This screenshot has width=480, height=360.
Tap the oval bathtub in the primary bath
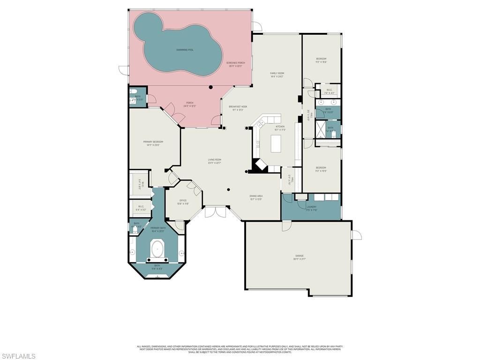(x=157, y=249)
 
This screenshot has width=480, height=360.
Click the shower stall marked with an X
(x=321, y=128)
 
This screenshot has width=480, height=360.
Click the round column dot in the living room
(x=228, y=189)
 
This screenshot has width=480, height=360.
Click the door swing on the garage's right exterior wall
(x=356, y=234)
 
